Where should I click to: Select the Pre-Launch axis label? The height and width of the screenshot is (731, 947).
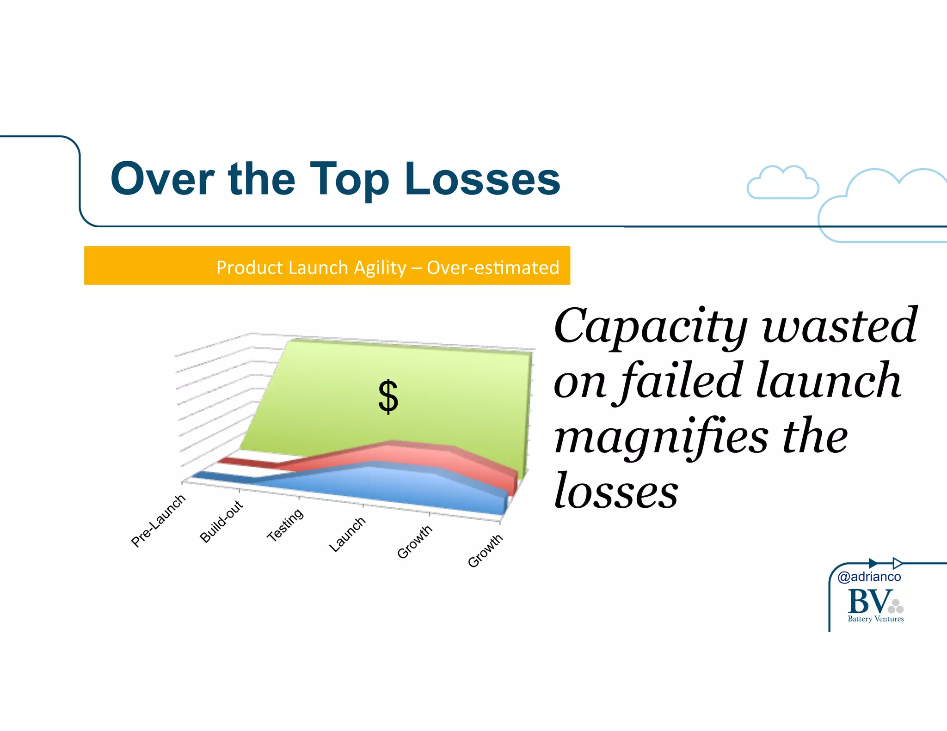click(158, 520)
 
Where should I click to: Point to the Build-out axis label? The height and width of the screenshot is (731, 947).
click(221, 521)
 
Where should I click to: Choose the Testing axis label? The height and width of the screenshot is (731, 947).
click(285, 525)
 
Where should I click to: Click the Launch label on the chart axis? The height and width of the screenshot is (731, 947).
click(347, 534)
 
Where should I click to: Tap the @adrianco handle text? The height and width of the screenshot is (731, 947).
click(869, 577)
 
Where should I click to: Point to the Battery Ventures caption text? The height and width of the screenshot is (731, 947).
click(875, 619)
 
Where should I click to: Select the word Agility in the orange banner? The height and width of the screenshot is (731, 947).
click(380, 268)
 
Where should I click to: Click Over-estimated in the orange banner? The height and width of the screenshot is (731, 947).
click(493, 268)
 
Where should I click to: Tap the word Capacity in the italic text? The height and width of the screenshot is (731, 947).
click(650, 327)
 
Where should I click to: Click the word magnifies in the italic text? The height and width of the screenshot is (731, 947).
click(661, 437)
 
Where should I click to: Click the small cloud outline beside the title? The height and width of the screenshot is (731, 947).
click(782, 183)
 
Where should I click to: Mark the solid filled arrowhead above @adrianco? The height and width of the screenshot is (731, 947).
click(873, 563)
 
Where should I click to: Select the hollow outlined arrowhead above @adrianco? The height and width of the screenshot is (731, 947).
click(897, 563)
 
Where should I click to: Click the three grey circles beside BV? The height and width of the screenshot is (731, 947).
click(896, 606)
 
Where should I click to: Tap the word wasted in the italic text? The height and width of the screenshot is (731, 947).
click(839, 327)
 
